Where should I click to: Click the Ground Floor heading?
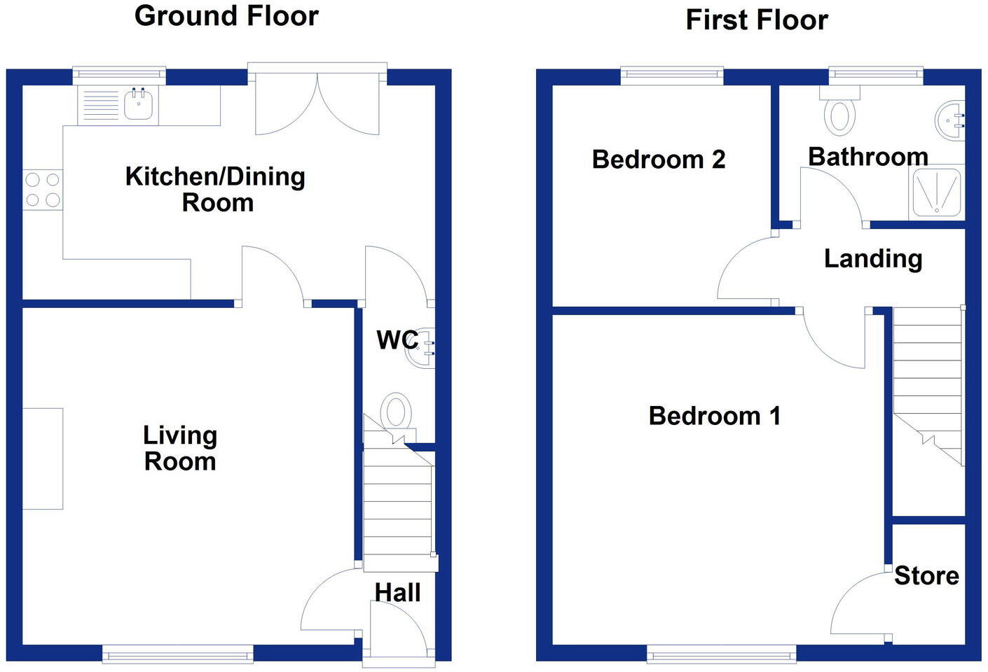226,15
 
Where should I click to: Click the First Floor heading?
756,20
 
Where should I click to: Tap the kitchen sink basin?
138,105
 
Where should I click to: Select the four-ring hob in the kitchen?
43,190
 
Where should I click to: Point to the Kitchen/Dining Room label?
215,189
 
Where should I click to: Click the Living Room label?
180,448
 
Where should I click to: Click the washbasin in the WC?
423,347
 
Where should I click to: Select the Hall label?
397,592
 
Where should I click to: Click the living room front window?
178,654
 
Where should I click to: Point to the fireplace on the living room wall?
43,458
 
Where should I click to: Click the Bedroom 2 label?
658,160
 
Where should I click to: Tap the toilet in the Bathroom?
839,113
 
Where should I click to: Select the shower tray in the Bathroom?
936,191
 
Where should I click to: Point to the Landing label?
872,259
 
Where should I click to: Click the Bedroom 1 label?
714,416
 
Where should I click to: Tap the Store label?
926,575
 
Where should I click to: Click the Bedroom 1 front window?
721,654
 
